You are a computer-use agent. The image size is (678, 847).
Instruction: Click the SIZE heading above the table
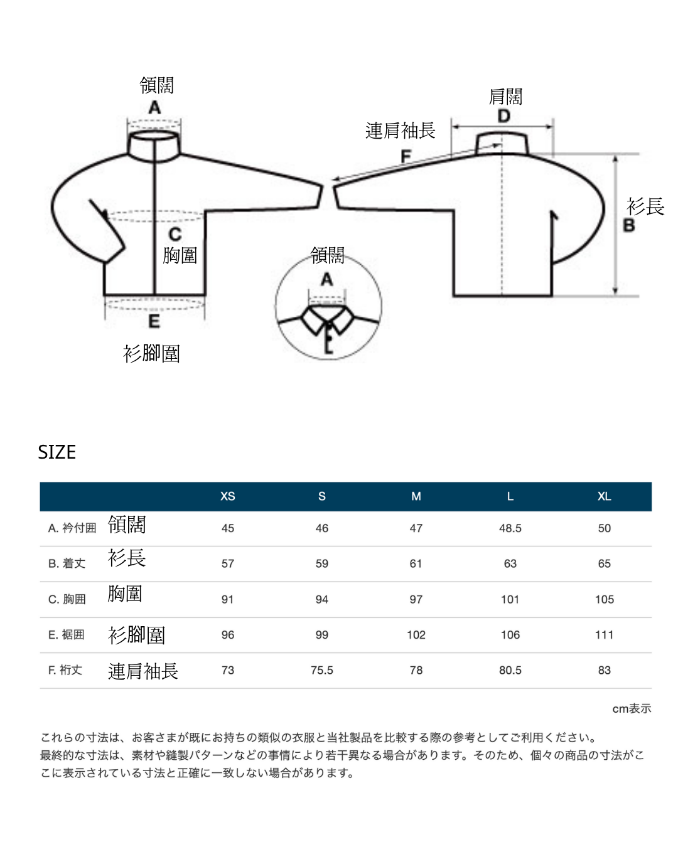tap(56, 452)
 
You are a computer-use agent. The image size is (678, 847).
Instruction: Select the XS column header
tap(227, 496)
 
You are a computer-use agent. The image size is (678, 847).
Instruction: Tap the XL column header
tap(604, 496)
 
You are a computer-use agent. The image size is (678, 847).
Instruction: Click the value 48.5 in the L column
tap(510, 528)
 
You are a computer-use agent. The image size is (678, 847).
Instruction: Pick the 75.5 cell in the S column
tap(321, 670)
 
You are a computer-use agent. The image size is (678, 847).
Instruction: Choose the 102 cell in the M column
tap(416, 634)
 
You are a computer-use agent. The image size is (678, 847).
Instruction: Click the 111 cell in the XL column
tap(604, 634)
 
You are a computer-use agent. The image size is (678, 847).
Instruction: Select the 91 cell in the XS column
tap(227, 599)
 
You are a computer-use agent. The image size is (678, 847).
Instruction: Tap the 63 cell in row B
tap(510, 563)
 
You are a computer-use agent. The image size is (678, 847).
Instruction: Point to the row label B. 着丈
tap(67, 563)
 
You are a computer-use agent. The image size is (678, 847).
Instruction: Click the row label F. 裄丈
tap(65, 669)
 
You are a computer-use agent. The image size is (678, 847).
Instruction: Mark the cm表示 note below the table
tap(631, 708)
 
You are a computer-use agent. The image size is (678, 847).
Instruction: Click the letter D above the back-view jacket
tap(503, 115)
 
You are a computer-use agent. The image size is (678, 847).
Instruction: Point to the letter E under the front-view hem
tap(154, 321)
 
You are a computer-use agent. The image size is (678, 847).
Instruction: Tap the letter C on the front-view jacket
tap(175, 234)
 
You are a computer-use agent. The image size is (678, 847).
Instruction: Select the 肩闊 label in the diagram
tap(505, 97)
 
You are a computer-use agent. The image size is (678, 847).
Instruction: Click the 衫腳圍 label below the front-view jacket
tap(152, 353)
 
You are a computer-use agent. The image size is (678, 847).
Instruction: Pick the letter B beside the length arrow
tap(628, 225)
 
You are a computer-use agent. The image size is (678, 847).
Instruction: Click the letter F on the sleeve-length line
tap(406, 156)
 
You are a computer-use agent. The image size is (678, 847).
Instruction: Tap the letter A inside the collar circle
tap(326, 279)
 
